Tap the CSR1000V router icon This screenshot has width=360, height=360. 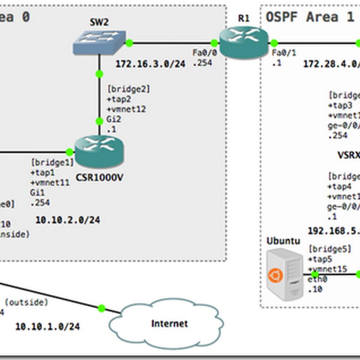coord(99,152)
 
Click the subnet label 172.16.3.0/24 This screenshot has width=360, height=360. coord(150,64)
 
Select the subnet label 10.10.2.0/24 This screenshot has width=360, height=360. coord(67,220)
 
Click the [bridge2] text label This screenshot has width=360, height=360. coord(128,89)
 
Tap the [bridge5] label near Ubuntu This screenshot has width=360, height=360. coord(328,248)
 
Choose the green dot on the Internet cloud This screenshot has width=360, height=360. coord(101,308)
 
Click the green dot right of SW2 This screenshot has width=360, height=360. coord(129,43)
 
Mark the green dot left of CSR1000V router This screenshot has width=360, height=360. coord(69,152)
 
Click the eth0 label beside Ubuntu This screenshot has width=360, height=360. coord(317,279)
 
